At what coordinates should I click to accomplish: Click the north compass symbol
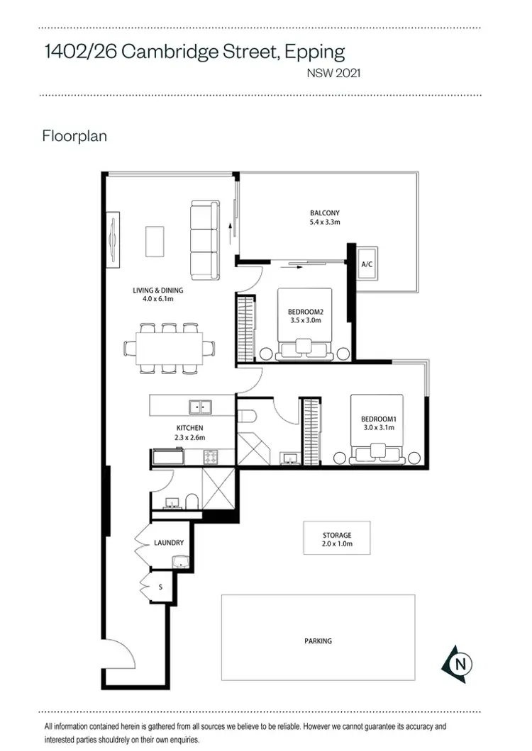pos(458,664)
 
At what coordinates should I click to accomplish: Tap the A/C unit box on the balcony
pos(367,264)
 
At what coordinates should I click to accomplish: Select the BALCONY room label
pos(324,213)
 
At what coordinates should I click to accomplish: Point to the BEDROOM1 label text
pos(378,418)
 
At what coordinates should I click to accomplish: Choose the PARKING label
pos(318,641)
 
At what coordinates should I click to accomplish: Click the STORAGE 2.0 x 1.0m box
pos(337,540)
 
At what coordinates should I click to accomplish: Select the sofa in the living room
pos(205,239)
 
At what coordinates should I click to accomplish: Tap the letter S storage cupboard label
pos(160,587)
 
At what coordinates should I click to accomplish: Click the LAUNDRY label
pos(169,543)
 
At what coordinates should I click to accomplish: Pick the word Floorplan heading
pos(74,135)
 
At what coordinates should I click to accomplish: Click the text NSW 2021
pos(333,72)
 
